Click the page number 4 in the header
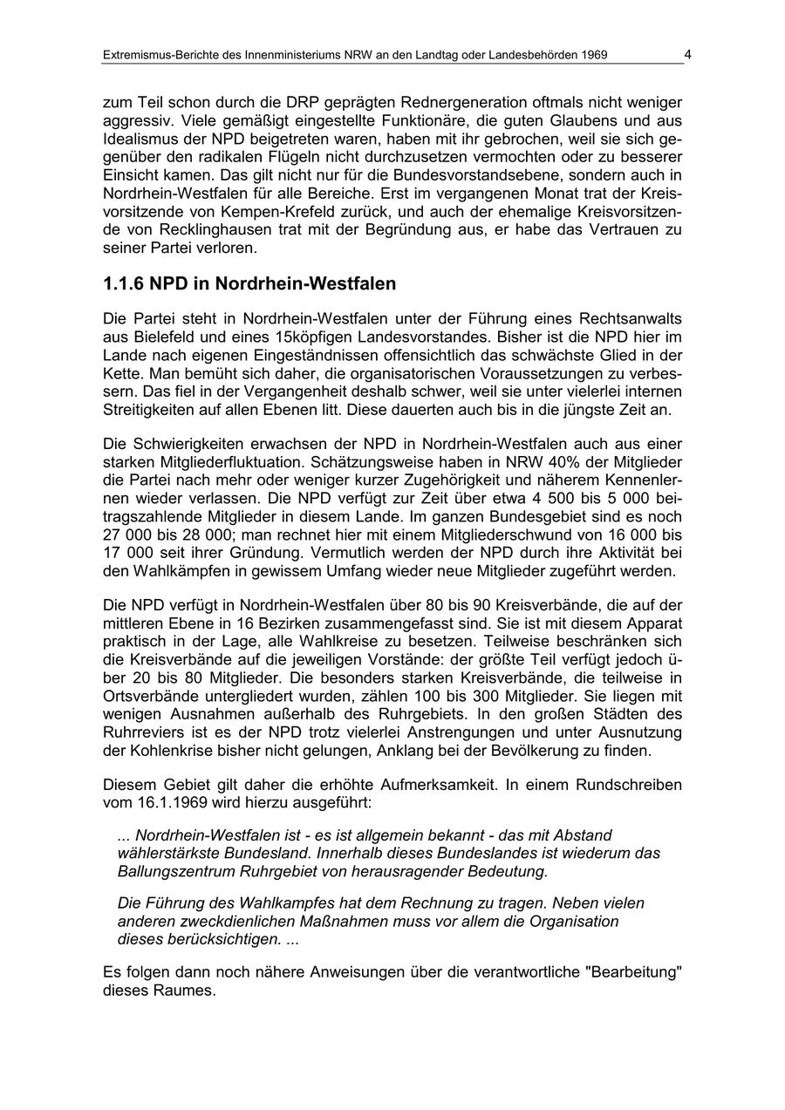pos(687,55)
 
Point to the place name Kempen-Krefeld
pos(263,213)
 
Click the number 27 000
pos(130,535)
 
